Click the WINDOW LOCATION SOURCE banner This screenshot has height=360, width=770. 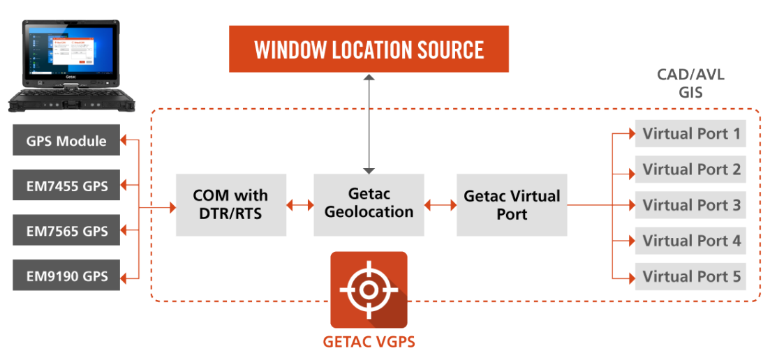[x=369, y=49]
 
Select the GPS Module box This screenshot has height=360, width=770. [x=66, y=141]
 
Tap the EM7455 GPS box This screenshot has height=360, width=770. [x=66, y=185]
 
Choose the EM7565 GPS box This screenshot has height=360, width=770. [x=66, y=231]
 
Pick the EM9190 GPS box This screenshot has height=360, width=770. [x=66, y=276]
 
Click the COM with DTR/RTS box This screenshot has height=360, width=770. [x=230, y=204]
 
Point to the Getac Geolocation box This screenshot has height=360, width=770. [x=369, y=203]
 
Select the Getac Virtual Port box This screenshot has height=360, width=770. [x=512, y=204]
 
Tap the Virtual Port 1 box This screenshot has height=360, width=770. [x=690, y=133]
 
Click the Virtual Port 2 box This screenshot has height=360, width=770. [x=690, y=169]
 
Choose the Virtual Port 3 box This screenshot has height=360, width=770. [x=690, y=205]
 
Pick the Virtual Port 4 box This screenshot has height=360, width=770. [x=690, y=241]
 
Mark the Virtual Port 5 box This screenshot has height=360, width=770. [x=690, y=277]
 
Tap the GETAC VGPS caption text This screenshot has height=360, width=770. [x=369, y=343]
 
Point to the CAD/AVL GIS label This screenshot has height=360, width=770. [x=690, y=83]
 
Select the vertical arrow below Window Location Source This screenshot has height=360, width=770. [x=369, y=122]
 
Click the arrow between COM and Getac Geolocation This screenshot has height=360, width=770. [x=299, y=205]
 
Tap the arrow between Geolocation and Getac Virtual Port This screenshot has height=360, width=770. [x=440, y=205]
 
